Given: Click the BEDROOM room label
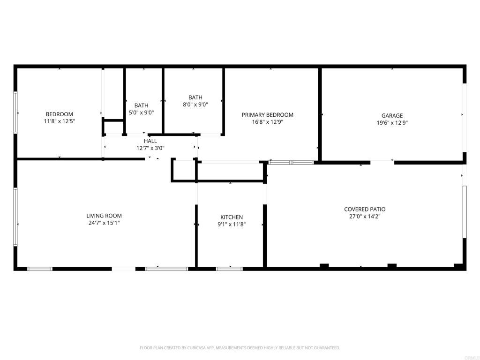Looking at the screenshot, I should [x=59, y=114].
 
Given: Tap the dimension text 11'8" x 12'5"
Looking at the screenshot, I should [x=59, y=121].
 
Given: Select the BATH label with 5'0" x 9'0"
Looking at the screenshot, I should [x=141, y=105].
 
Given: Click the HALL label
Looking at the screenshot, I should [x=150, y=141].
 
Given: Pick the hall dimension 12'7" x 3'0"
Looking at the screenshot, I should [x=150, y=148].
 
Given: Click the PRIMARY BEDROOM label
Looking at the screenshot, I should [x=267, y=115].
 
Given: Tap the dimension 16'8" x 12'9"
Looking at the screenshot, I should [x=267, y=122].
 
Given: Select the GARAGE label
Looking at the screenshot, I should [x=392, y=116].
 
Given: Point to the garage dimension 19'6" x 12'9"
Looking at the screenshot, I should [x=392, y=123].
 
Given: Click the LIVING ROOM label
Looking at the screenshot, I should [x=104, y=216].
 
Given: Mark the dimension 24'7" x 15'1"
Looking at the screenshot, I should [x=104, y=223].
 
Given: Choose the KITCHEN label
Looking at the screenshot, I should [x=232, y=217].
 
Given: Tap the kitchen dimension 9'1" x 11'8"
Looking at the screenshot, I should [x=232, y=225].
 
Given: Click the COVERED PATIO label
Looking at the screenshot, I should [x=365, y=210].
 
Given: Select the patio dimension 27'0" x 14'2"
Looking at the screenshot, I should [x=365, y=217].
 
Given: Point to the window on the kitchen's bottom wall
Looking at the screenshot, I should [x=229, y=269].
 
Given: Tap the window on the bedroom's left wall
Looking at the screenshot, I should [x=15, y=112].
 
